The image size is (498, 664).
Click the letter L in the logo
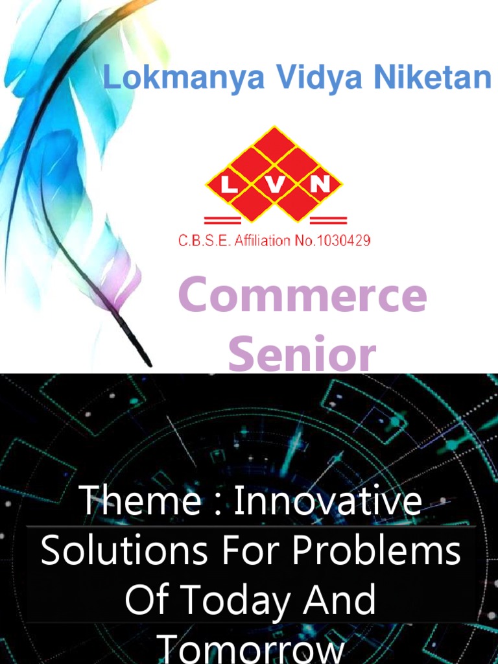230,185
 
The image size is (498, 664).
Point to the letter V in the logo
275,185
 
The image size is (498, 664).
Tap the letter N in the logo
320,185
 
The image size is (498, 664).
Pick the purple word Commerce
302,295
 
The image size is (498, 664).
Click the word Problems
376,552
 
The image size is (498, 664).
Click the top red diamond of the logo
276,142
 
